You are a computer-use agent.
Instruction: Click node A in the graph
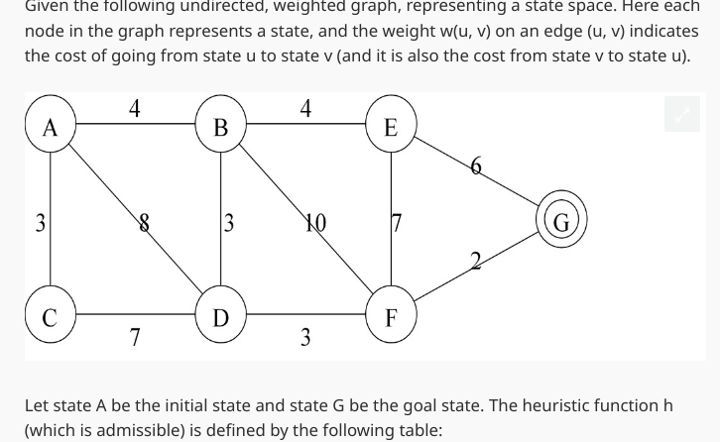(x=51, y=127)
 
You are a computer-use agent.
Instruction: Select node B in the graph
(x=220, y=127)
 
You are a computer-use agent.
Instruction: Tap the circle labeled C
(x=50, y=317)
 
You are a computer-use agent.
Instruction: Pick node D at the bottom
(x=220, y=317)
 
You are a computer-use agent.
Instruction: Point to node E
(x=391, y=127)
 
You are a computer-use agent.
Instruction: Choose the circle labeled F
(x=391, y=317)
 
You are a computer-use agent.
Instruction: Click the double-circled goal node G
(x=561, y=222)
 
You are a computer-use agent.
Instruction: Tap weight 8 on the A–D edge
(x=145, y=223)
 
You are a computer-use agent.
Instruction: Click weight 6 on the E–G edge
(x=476, y=166)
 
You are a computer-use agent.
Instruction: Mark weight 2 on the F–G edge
(x=476, y=261)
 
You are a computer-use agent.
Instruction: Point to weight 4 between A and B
(x=135, y=107)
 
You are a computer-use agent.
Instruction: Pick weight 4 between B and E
(x=305, y=107)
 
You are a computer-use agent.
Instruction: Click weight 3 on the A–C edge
(x=40, y=223)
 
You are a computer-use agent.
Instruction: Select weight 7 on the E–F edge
(x=397, y=223)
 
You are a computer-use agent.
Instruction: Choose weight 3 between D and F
(x=305, y=338)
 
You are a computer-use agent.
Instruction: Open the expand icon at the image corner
(x=682, y=115)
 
